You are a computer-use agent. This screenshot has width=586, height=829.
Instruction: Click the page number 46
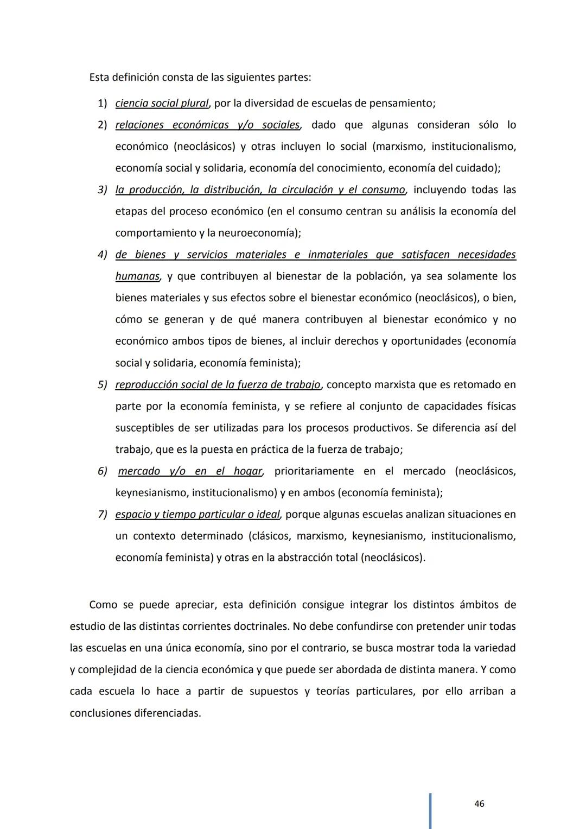click(x=479, y=803)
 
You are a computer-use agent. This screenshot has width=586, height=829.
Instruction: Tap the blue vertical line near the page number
click(x=430, y=811)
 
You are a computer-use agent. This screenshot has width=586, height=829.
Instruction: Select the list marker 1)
click(x=103, y=103)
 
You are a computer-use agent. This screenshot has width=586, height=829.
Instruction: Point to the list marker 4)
click(x=103, y=255)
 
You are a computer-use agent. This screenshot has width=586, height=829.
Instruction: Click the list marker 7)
click(x=103, y=514)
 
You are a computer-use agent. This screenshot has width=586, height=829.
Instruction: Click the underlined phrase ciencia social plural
click(x=162, y=103)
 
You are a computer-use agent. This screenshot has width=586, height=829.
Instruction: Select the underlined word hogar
click(x=248, y=471)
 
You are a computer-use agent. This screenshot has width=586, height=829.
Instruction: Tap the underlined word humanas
click(x=137, y=276)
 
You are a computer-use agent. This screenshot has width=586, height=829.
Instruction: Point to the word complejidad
click(x=106, y=669)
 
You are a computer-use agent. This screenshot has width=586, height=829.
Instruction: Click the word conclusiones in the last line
click(x=100, y=713)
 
